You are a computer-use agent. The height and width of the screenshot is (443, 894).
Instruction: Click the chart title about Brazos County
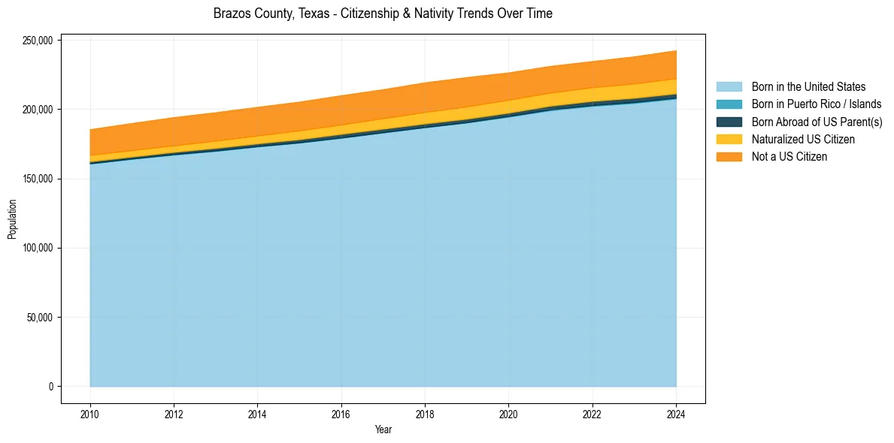[383, 14]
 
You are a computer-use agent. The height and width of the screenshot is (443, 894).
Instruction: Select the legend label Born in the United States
[808, 87]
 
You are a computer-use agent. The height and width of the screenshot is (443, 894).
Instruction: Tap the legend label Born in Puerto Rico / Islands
[817, 104]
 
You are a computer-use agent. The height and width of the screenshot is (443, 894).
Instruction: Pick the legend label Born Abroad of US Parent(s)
[817, 122]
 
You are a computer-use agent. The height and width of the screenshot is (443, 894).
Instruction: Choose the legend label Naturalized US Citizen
[803, 139]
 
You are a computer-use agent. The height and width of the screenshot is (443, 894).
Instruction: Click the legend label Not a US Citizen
[789, 157]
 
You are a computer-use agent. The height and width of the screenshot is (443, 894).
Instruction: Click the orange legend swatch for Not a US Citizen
[729, 157]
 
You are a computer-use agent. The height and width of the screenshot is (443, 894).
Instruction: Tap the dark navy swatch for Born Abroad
[729, 122]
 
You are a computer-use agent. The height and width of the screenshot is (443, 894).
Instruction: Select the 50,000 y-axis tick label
[38, 318]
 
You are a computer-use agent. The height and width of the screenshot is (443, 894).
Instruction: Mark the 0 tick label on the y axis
[51, 387]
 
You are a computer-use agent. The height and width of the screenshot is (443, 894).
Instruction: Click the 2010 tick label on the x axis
[90, 413]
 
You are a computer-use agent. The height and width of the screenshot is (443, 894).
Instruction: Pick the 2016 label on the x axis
[341, 413]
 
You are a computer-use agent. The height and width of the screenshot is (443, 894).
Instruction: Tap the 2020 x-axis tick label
[509, 413]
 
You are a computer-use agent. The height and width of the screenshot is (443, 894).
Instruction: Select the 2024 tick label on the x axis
[676, 413]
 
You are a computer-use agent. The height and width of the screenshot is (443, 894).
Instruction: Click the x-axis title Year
[383, 429]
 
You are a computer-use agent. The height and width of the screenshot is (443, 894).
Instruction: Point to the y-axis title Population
[12, 218]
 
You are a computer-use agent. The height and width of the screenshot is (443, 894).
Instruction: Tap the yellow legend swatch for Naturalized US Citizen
[729, 139]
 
